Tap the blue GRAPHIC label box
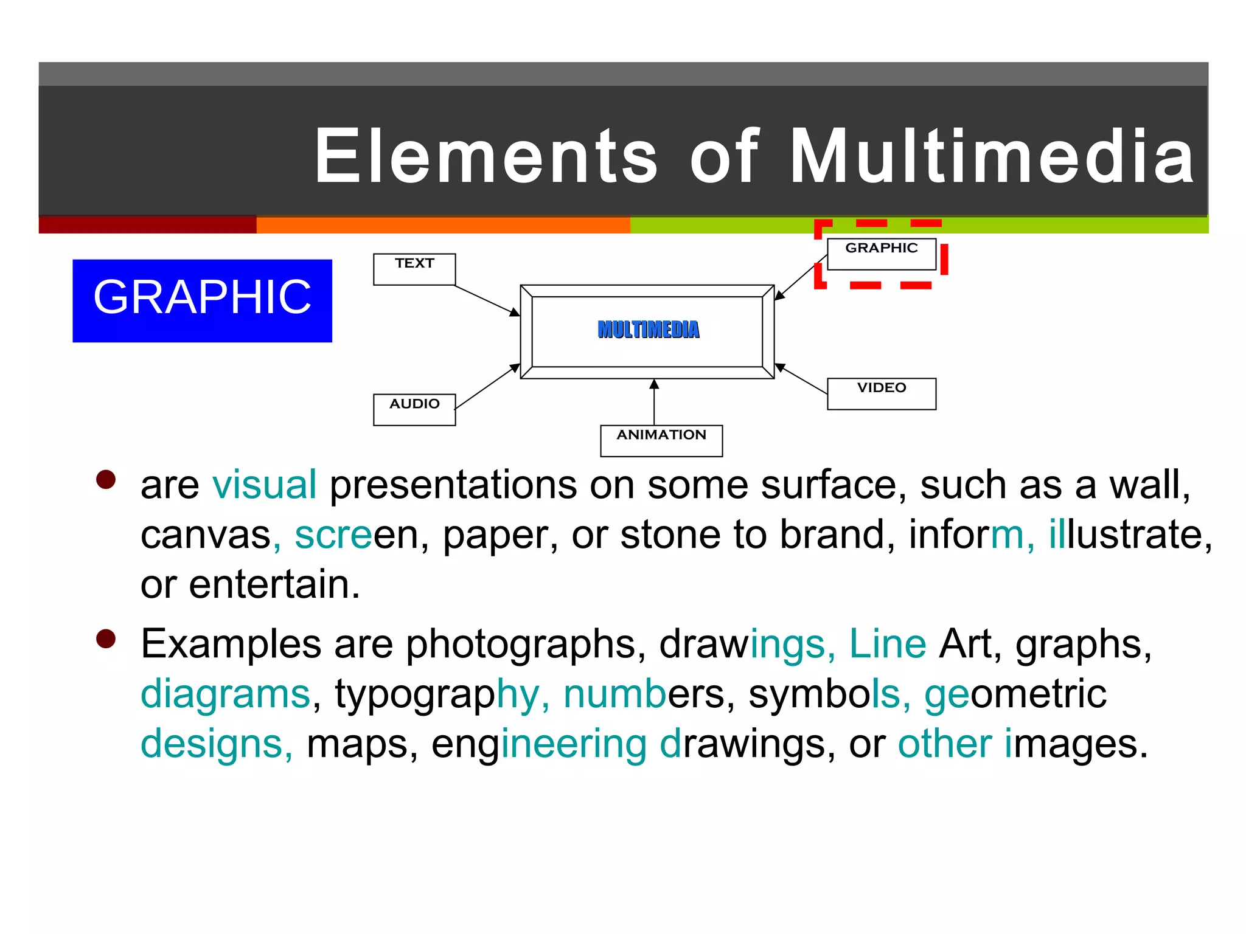point(202,300)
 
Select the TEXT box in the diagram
point(414,269)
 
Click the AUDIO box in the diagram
point(414,409)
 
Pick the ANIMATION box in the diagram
point(661,440)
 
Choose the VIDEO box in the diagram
point(882,393)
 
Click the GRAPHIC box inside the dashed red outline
point(882,254)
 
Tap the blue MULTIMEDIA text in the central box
point(649,330)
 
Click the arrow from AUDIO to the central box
point(487,387)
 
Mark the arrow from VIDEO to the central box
point(801,379)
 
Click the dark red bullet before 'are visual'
point(106,480)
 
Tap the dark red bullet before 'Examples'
point(106,639)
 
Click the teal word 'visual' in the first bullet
point(264,485)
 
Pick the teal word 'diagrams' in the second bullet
point(225,694)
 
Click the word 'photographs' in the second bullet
point(520,645)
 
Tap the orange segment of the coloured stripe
point(443,226)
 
